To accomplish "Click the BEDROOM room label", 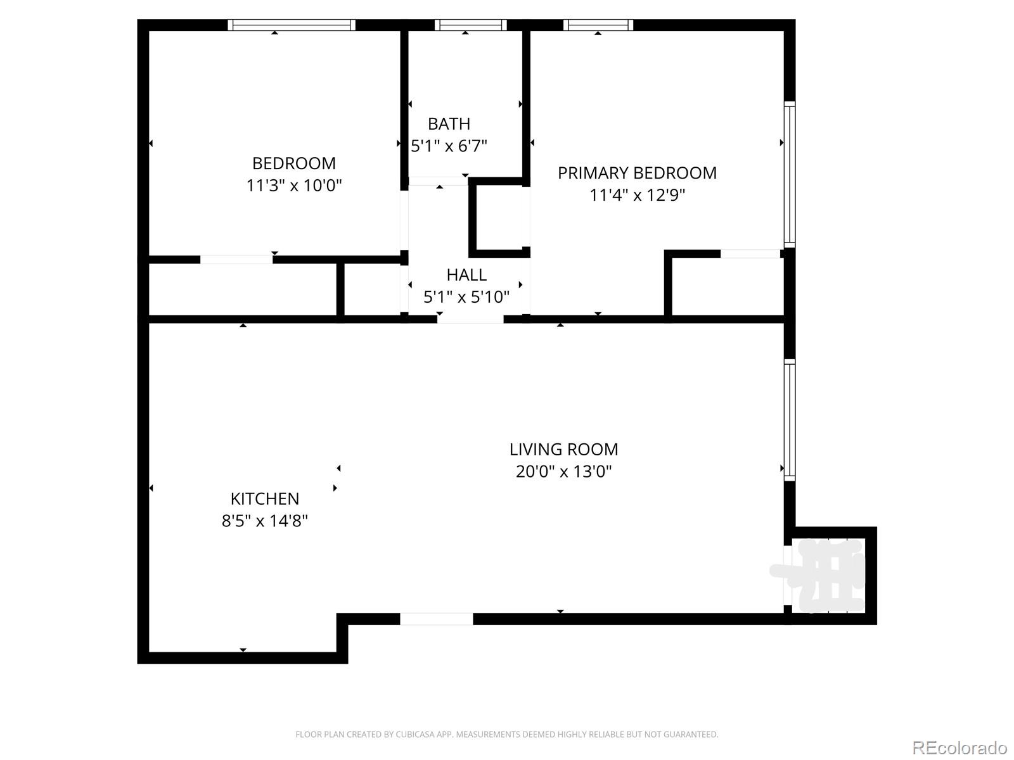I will coord(294,163).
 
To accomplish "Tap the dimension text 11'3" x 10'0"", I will coord(294,186).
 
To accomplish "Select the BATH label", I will coord(449,123).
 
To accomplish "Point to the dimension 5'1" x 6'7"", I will coord(449,146).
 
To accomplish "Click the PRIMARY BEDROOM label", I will coord(637,173).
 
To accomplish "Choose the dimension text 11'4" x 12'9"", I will coord(637,195).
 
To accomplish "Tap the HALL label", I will coord(466,275).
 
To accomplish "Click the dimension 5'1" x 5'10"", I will coord(466,297).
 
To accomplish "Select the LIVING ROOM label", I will coord(563,450).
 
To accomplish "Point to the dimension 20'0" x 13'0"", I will coord(563,472).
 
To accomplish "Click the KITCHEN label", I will coord(264,499).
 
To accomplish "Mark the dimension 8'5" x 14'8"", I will coord(264,521).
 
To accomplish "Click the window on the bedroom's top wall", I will coord(291,25).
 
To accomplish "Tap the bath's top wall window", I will coord(470,25).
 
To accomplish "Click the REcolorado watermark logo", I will coord(959,748).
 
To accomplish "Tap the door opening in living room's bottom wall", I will coord(437,619).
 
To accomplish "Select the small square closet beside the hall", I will coord(499,217).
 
